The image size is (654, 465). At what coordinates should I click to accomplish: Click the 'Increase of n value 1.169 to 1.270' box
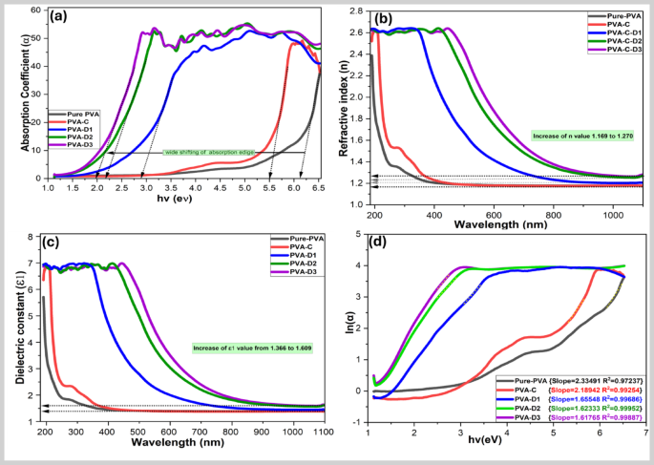[583, 137]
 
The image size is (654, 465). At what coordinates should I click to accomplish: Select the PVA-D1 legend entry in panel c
[289, 256]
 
